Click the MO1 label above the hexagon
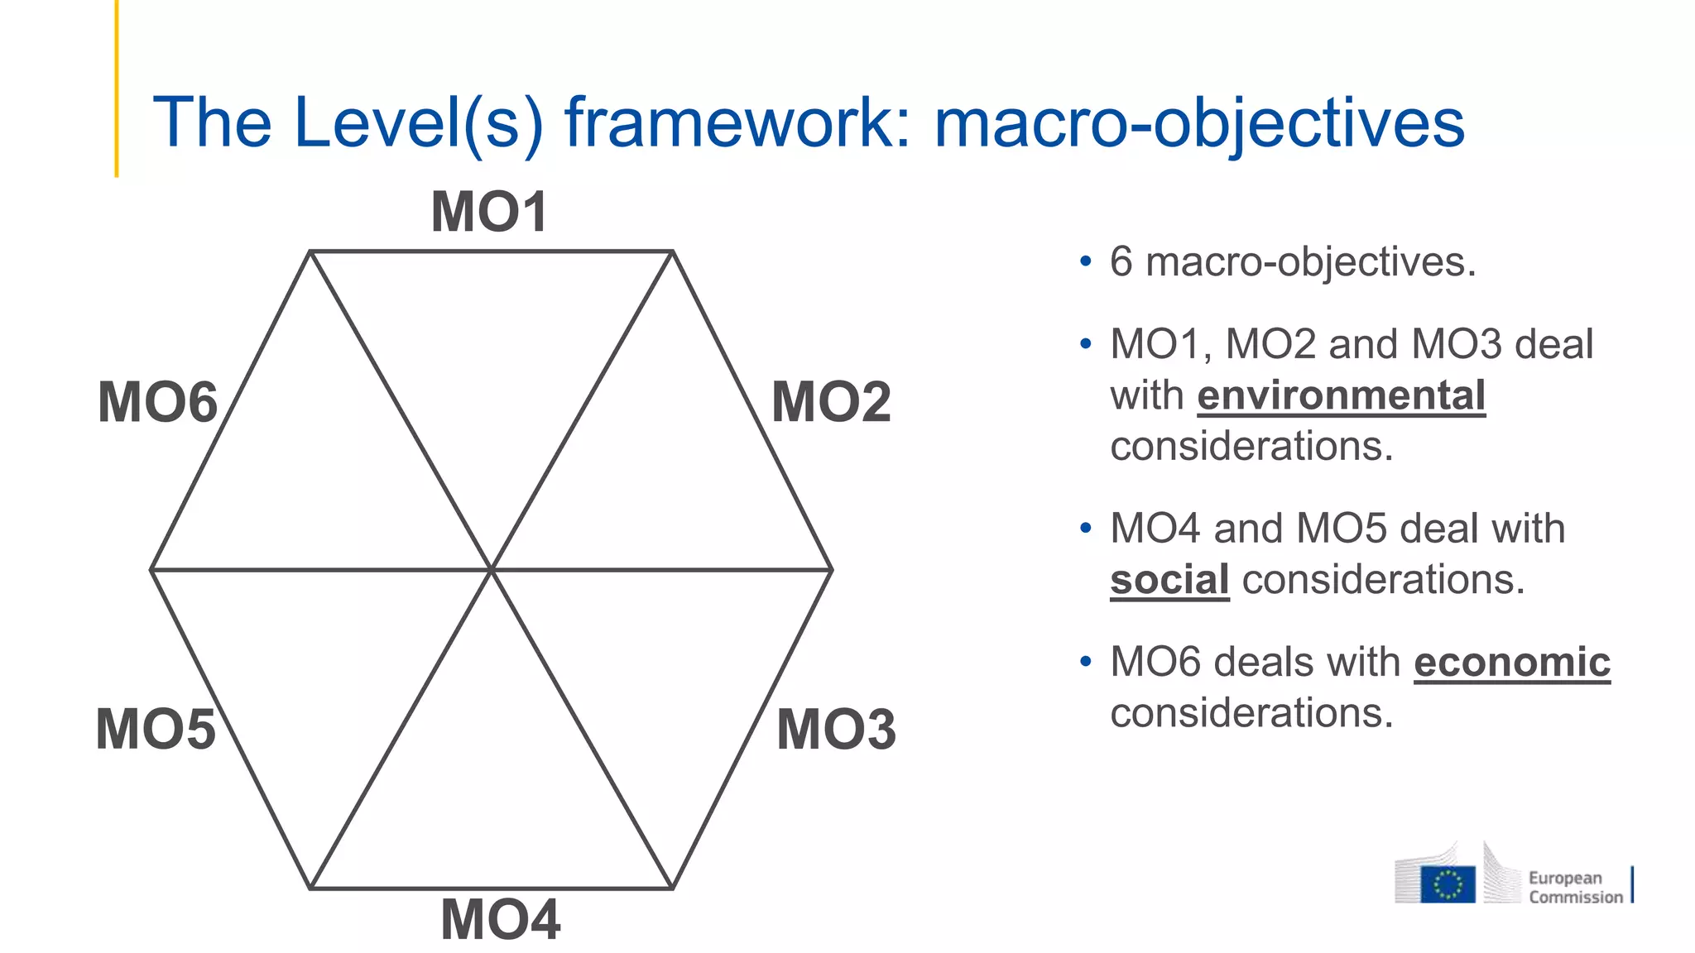[489, 212]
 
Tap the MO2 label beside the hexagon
[831, 402]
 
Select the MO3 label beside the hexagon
[836, 729]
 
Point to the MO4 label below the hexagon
[501, 919]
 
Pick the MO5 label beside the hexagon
[156, 729]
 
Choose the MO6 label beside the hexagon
[157, 402]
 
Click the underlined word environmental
[1341, 395]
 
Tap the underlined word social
[1169, 579]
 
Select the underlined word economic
[1511, 662]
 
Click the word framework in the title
[737, 122]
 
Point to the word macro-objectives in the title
[1199, 122]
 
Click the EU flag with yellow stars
[1448, 884]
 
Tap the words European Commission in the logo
[1575, 887]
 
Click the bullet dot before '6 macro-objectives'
[1085, 262]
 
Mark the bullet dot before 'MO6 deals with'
[1085, 662]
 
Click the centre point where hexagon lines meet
[492, 569]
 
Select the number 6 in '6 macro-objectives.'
[1121, 262]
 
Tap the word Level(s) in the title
[419, 122]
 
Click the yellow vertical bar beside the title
[117, 88]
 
